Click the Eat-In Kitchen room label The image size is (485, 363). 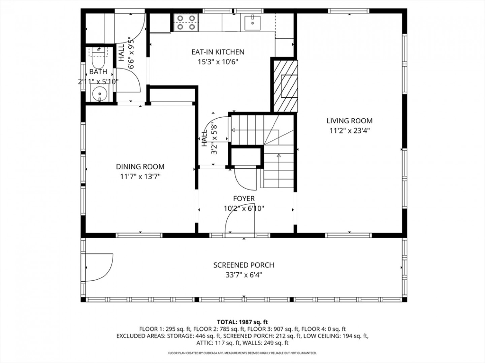tap(218, 52)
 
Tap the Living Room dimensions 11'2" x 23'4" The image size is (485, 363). tap(350, 131)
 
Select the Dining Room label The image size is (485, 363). tap(140, 167)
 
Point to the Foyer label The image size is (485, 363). tap(244, 198)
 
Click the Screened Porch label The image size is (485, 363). tap(244, 265)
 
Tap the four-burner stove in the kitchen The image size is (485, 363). tap(186, 23)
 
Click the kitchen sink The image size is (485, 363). tap(252, 23)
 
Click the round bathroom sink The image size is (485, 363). tap(100, 94)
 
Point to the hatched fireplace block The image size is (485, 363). tap(286, 86)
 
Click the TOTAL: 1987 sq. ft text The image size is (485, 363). tap(243, 322)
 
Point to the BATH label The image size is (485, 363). tap(98, 72)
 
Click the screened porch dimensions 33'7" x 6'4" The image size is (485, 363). tap(244, 275)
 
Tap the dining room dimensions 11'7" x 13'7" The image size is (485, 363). tap(140, 176)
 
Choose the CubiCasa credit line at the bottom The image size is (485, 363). tap(243, 353)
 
